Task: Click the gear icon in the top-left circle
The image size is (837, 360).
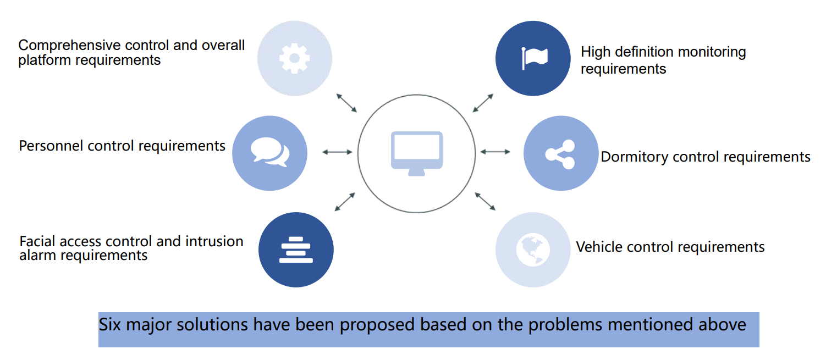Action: point(294,58)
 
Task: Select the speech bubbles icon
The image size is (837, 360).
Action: point(269,152)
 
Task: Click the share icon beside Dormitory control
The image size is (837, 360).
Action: point(560,154)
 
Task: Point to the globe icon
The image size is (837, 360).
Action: point(533,250)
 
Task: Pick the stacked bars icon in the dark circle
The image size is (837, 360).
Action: point(296,250)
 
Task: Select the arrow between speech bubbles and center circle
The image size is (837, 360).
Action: point(337,152)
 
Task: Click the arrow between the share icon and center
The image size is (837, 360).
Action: point(495,152)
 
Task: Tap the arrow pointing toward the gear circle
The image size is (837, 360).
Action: point(346,103)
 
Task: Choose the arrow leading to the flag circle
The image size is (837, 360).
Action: point(483,103)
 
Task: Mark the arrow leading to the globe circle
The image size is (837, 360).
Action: point(485,201)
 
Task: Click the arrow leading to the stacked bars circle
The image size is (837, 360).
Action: point(345,202)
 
